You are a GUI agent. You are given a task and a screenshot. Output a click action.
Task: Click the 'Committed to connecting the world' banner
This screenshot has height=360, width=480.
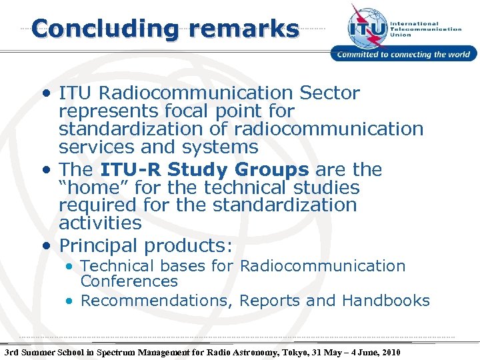(x=404, y=55)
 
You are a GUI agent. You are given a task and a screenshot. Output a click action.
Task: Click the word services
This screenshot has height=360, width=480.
(x=98, y=146)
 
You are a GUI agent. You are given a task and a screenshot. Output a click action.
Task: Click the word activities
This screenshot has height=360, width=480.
(x=100, y=223)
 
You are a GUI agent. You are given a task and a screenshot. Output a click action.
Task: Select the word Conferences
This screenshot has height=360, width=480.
(x=129, y=282)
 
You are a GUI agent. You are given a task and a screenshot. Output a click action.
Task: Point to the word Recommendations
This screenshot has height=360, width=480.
(x=157, y=301)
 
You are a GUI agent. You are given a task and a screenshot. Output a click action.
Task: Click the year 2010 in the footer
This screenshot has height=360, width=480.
(x=389, y=351)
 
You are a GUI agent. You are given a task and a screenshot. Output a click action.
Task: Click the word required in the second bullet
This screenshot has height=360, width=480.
(x=99, y=205)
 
